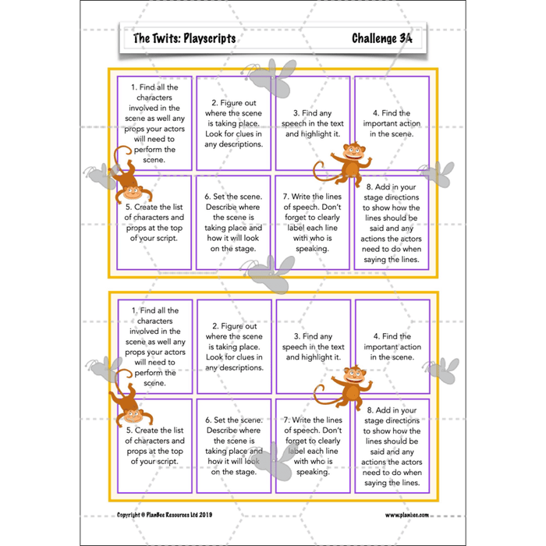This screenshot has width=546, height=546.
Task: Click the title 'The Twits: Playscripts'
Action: [184, 38]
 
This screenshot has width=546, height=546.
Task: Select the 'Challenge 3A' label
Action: [381, 38]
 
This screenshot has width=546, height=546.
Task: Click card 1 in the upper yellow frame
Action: [154, 122]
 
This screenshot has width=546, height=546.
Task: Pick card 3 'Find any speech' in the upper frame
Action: [313, 122]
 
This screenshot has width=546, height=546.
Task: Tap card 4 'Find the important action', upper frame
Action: [392, 122]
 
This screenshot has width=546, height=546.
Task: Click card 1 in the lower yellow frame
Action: [154, 346]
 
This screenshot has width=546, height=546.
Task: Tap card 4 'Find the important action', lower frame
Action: [392, 346]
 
